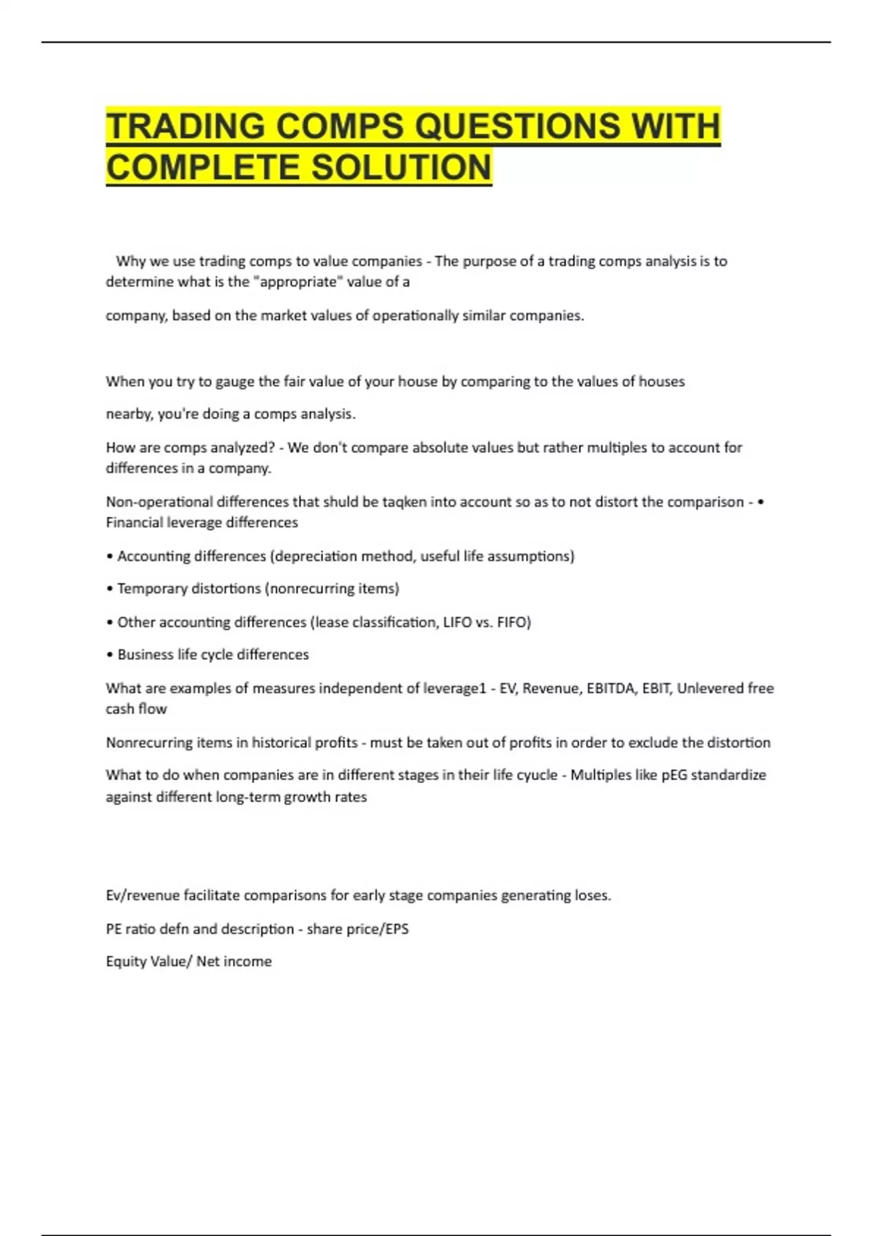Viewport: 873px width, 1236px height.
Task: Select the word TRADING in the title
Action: (186, 127)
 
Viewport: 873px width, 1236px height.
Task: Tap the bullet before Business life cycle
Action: (109, 655)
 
